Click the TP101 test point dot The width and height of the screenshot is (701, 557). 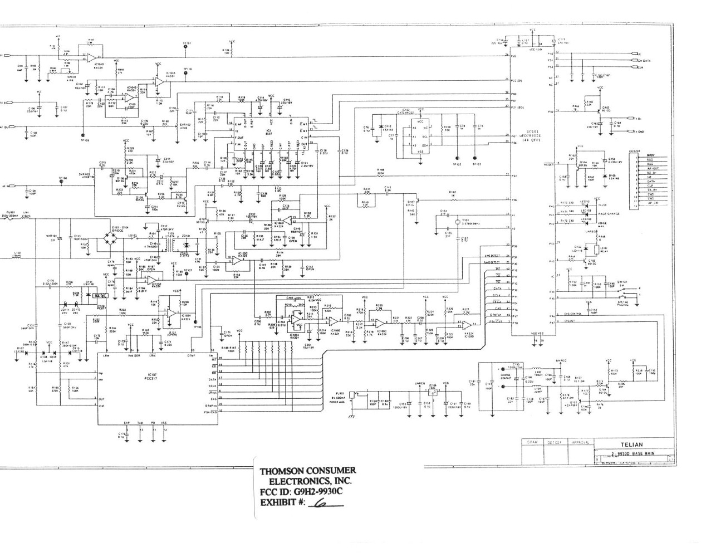pyautogui.click(x=185, y=48)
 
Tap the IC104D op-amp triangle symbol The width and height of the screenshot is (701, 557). pyautogui.click(x=95, y=57)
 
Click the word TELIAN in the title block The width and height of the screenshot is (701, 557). pyautogui.click(x=633, y=444)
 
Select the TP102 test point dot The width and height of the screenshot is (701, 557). pyautogui.click(x=457, y=158)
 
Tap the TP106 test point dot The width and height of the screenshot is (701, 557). pyautogui.click(x=197, y=321)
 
